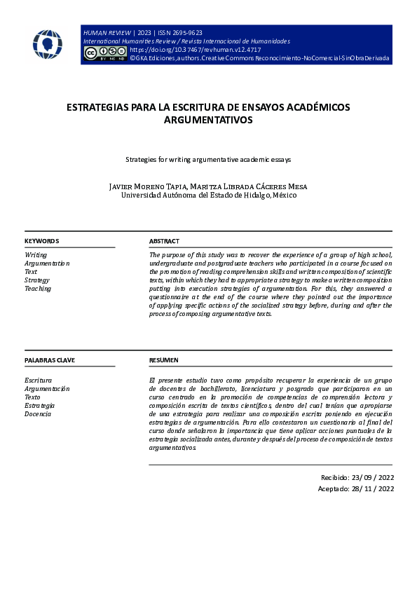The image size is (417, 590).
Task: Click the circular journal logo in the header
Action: [x=48, y=44]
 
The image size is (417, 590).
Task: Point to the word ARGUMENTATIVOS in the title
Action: [x=208, y=121]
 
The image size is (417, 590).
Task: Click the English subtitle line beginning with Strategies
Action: [x=208, y=160]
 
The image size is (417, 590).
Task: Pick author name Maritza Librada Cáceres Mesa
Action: [x=250, y=186]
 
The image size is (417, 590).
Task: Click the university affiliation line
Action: [x=208, y=195]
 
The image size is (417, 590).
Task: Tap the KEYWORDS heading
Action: [x=42, y=241]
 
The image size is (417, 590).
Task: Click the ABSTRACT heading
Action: [x=164, y=241]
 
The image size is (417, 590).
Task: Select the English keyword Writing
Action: [x=36, y=255]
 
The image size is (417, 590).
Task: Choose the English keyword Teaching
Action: [x=38, y=289]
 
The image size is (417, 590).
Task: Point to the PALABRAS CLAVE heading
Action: [x=50, y=360]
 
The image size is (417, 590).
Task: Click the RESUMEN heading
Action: [x=164, y=360]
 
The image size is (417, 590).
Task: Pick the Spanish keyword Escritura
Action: [x=39, y=380]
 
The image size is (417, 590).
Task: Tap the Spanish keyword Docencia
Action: [x=39, y=414]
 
